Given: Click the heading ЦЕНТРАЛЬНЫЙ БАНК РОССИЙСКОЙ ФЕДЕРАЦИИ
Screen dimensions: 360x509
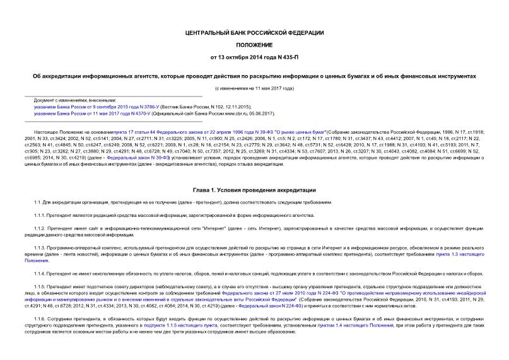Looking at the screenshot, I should click(255, 32).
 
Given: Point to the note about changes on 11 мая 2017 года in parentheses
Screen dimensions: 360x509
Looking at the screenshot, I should click(255, 88).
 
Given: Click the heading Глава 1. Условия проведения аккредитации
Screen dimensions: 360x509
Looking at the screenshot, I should click(255, 190).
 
